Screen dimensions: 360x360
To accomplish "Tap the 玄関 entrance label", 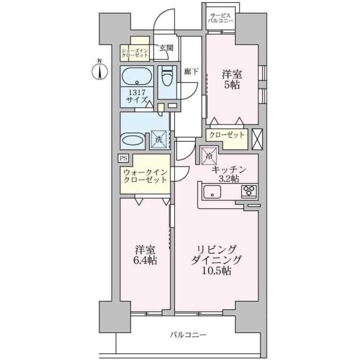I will point(165,48).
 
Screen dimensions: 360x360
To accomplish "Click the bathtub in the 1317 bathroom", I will point(136,76).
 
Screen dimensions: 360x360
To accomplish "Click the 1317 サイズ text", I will point(136,96).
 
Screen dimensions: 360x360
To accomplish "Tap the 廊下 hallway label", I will point(191,71).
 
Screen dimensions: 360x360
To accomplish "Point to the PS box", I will point(123,158).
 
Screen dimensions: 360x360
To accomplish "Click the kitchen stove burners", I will point(250,191).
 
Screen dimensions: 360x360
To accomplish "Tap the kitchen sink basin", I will point(213,193).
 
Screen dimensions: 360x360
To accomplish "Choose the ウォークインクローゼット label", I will point(144,175).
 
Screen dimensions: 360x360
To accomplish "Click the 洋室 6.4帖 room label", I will point(145,255).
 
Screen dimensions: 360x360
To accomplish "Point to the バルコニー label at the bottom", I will point(189,335).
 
